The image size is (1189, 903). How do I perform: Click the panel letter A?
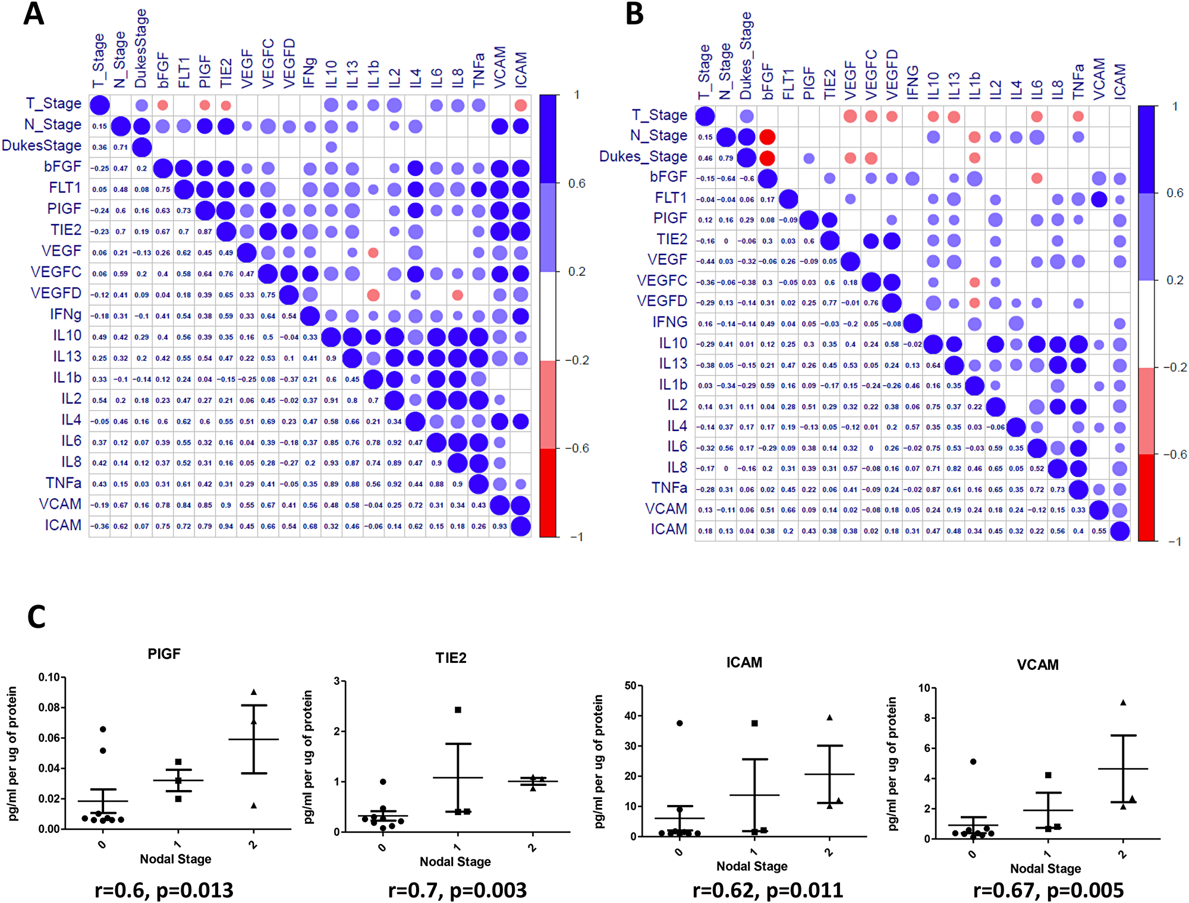coord(34,14)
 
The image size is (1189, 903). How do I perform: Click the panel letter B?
coord(634,14)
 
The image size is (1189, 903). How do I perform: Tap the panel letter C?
coord(36,617)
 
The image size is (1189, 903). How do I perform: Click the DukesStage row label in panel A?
coord(42,146)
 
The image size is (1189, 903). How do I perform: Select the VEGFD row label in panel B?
coord(662,301)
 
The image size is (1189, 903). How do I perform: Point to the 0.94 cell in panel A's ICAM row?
coord(226,526)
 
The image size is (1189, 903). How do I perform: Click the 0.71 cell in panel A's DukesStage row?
coord(121,147)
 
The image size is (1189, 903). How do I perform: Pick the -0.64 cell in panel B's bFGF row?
coord(726,178)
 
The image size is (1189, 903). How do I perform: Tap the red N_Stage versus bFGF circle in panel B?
coord(767,137)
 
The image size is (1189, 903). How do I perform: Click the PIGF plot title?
coord(163,654)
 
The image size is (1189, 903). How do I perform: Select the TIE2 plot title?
coord(451,658)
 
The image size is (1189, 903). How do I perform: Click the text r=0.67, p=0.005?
coord(1048,891)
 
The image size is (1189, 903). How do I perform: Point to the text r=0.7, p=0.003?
coord(457,891)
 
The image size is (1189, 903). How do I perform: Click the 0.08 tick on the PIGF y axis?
coord(49,707)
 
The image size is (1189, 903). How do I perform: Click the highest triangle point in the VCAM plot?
coord(1123,703)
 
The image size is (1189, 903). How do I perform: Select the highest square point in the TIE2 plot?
coord(458,710)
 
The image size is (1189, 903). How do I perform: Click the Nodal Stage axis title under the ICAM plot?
coord(751,866)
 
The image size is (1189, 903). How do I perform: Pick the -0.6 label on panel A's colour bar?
coord(576,448)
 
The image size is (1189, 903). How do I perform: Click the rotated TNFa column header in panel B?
coord(1078,81)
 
